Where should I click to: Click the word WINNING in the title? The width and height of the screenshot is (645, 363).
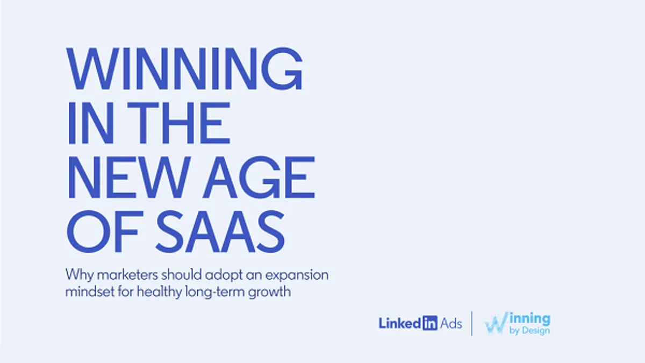click(x=184, y=69)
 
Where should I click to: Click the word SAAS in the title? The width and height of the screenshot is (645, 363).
click(x=220, y=232)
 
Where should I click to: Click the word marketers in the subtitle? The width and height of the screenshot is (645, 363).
click(x=127, y=275)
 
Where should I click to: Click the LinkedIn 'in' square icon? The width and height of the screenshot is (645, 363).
click(x=430, y=323)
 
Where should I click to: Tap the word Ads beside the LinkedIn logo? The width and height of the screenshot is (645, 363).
click(x=451, y=324)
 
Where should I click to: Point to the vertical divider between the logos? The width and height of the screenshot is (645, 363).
click(x=472, y=324)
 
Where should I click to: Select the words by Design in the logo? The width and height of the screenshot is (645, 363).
click(x=529, y=331)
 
